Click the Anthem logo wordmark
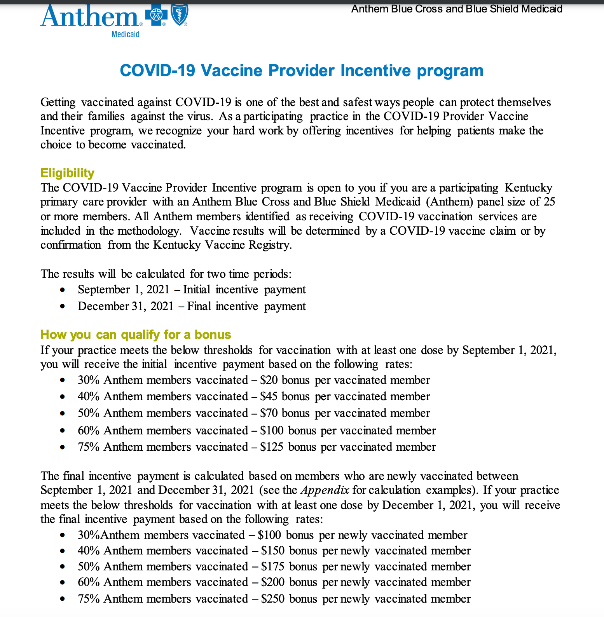[x=89, y=16]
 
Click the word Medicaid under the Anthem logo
[x=125, y=34]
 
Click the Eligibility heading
[x=67, y=173]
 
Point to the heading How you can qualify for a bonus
[x=136, y=335]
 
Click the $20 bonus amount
[x=269, y=380]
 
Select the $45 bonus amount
[x=269, y=396]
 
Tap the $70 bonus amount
[x=269, y=413]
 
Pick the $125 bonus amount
[x=272, y=447]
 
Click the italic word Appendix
[x=325, y=490]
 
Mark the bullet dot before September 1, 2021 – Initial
[x=62, y=290]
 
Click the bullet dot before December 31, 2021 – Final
[x=62, y=307]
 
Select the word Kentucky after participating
[x=528, y=188]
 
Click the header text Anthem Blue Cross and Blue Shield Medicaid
[x=457, y=9]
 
